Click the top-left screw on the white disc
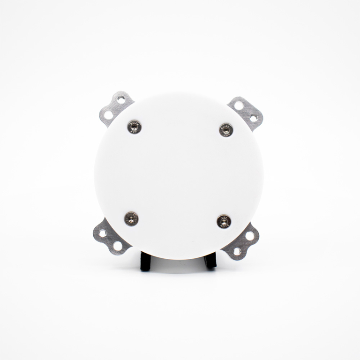[135, 126]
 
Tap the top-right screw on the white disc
[226, 130]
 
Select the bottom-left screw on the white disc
[131, 218]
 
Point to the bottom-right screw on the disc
[224, 221]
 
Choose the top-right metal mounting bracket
[246, 112]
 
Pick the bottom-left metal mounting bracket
[110, 238]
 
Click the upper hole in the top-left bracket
[121, 99]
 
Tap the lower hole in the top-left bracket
[108, 114]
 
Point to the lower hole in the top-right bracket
[254, 119]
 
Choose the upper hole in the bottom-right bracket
[249, 236]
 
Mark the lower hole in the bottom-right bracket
[237, 252]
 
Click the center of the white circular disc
[179, 176]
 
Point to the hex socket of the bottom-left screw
[131, 218]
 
